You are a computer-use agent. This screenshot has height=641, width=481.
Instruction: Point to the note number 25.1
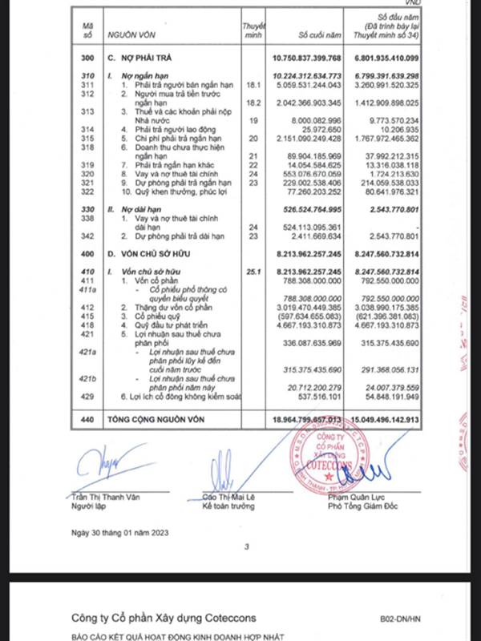255,272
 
